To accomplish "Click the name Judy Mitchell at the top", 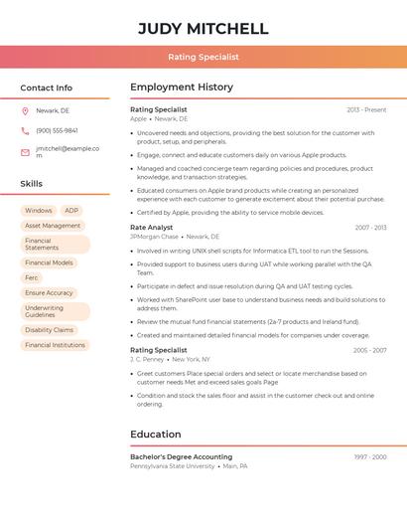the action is (203, 28).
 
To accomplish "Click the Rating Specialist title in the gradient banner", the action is (203, 57).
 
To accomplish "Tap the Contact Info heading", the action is (46, 88).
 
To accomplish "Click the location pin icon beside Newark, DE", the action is (25, 110).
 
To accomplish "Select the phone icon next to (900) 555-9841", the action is (25, 130).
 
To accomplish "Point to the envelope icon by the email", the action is (25, 152).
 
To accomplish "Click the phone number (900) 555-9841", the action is (57, 130).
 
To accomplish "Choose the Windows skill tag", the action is (39, 211).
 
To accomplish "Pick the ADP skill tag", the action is (71, 211).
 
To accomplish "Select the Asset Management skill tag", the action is (53, 226).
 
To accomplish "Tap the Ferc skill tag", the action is (32, 277).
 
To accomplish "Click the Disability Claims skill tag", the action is (50, 330).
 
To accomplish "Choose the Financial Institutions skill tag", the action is (55, 345).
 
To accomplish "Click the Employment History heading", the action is (182, 88).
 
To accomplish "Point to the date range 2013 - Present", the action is (366, 109).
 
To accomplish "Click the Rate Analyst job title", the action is (151, 228).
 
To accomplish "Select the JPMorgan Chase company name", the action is (154, 237).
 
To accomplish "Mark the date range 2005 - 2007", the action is (369, 350).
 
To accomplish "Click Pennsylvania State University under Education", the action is (172, 465).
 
